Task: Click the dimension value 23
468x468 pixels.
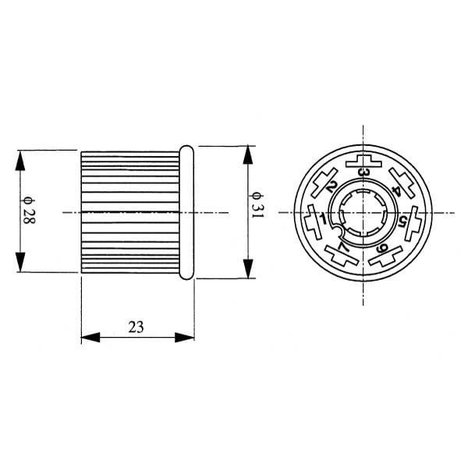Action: coord(136,327)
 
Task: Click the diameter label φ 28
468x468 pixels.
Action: coord(29,211)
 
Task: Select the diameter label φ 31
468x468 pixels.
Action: coord(257,204)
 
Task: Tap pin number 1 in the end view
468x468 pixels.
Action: coord(322,218)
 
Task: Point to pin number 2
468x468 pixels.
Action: coord(331,187)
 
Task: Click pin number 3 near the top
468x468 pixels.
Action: coord(363,172)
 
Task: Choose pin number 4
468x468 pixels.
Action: coord(397,190)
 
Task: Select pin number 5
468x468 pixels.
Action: coord(402,222)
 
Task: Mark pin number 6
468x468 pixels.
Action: coord(382,247)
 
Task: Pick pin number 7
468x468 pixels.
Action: coord(342,246)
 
